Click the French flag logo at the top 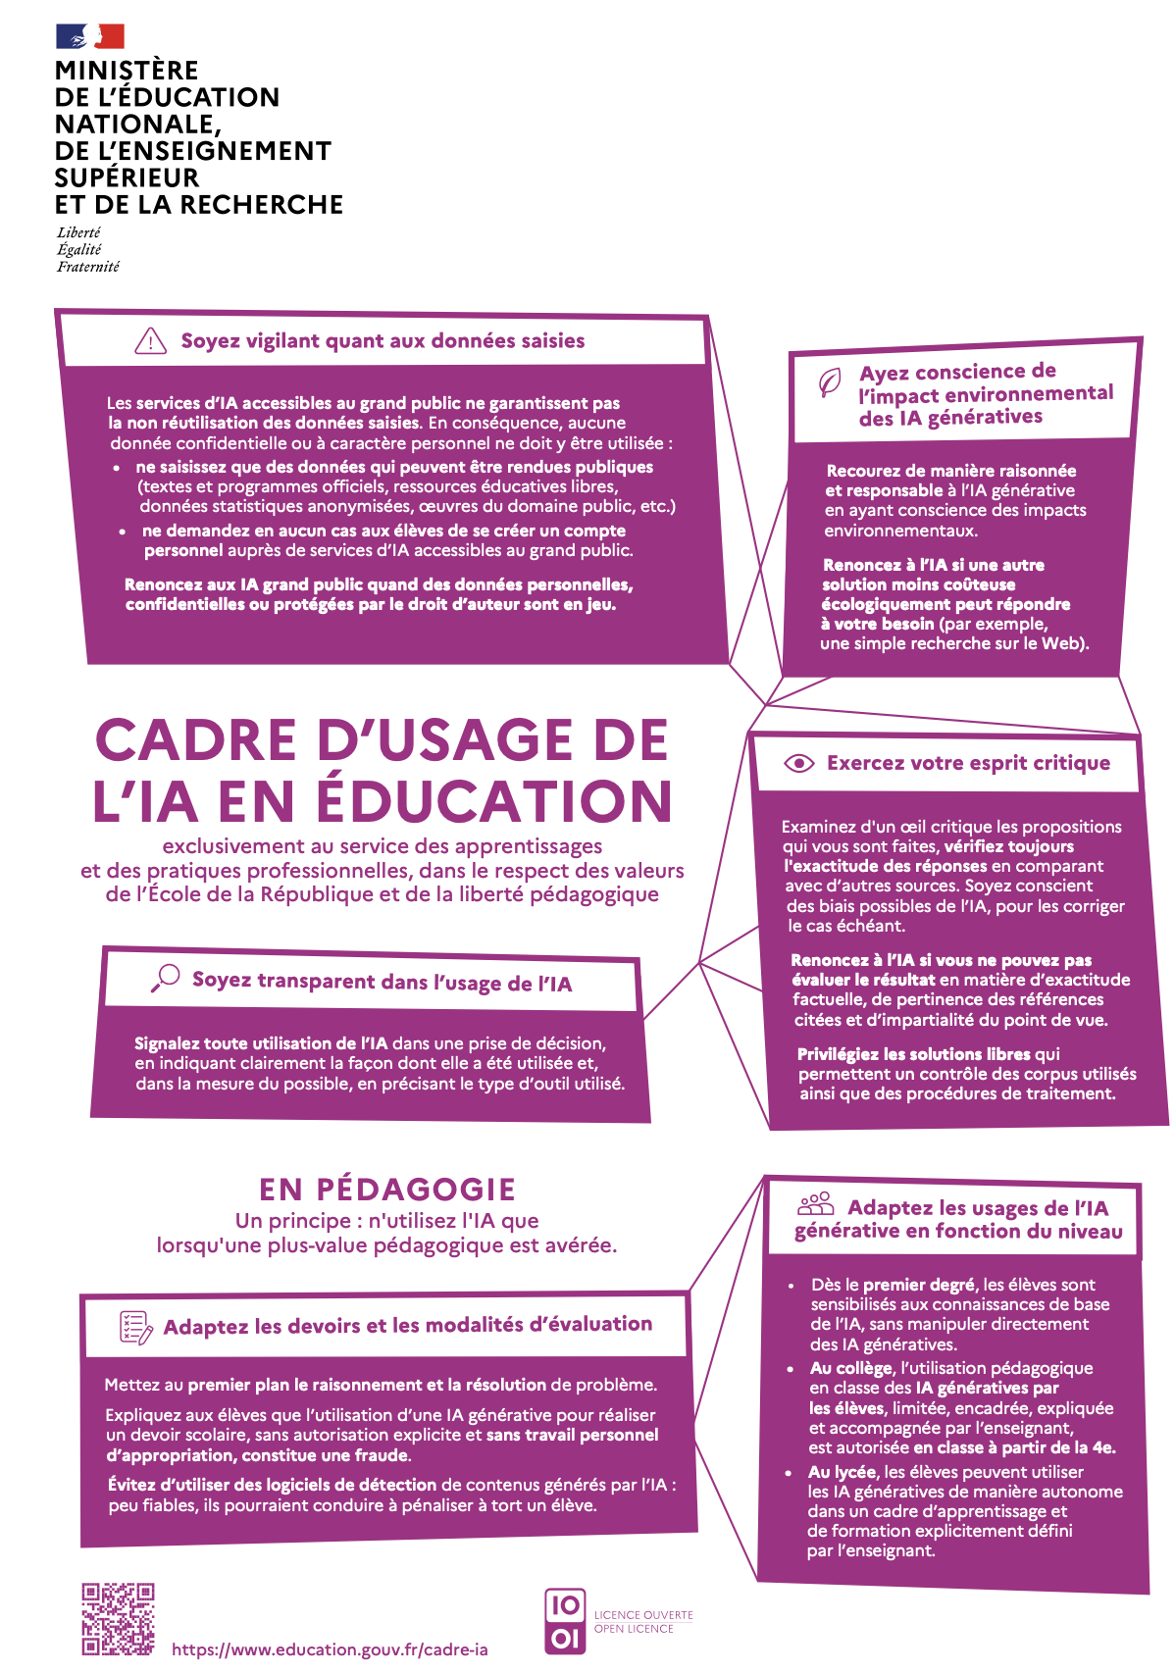90,36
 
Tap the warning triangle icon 150,340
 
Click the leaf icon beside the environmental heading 830,382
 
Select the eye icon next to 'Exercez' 799,763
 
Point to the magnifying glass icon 166,977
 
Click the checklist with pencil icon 135,1327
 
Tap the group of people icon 816,1204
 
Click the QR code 119,1619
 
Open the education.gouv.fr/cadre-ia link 330,1649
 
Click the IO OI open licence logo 565,1621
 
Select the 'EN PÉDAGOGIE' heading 387,1190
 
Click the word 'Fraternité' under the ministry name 88,267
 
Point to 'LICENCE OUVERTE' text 643,1615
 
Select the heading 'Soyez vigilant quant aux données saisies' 383,341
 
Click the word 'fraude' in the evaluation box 383,1455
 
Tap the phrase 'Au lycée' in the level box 843,1472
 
